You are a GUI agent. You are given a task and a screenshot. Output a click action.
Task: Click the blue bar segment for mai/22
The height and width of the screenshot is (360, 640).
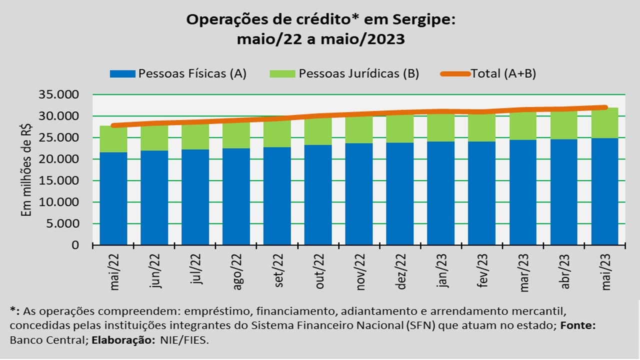coord(113,198)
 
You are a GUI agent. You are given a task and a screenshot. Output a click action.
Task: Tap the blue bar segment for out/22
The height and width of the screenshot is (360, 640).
coord(318,195)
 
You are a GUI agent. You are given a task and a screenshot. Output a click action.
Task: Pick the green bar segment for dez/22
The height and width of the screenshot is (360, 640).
coord(400,129)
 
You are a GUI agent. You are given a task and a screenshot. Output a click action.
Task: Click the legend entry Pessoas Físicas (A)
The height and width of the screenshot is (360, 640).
coord(178,73)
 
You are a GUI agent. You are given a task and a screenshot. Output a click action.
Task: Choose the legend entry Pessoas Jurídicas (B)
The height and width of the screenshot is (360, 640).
coord(344,73)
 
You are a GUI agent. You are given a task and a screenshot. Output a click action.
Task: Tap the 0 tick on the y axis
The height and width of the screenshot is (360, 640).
coord(75,245)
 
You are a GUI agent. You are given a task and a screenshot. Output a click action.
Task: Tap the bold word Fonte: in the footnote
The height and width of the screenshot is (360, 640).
coord(578,324)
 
